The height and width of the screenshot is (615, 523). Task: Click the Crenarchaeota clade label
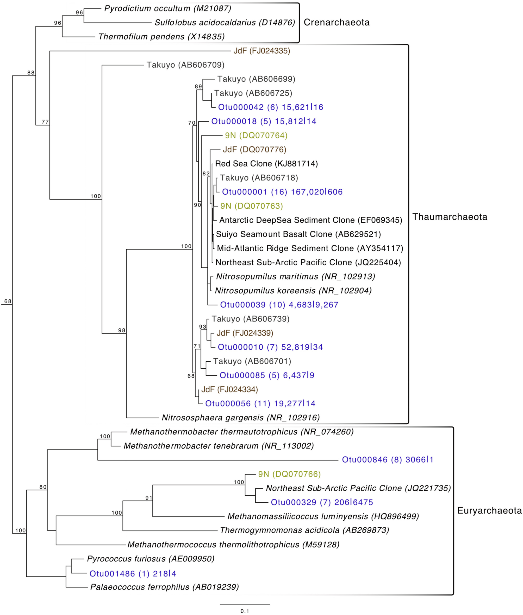pos(337,23)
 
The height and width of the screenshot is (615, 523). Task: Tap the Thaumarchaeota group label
pos(450,217)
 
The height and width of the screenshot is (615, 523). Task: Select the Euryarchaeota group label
pos(489,510)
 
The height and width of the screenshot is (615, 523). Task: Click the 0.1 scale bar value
pos(245,611)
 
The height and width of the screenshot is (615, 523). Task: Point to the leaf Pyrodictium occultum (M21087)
pos(167,9)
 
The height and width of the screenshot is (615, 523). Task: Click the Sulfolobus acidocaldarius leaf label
pos(225,23)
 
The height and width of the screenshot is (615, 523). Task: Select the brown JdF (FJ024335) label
pos(261,51)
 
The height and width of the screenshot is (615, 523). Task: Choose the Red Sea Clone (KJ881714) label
pos(266,164)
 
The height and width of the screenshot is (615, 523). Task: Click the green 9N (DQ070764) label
pos(256,136)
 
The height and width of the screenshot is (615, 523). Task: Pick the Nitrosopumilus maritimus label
pos(295,277)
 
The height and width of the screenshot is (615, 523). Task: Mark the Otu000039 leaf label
pos(279,305)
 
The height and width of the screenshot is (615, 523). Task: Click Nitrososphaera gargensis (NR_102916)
pos(240,418)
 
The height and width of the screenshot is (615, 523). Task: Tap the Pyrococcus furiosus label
pos(151,559)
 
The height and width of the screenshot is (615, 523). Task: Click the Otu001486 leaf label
pos(133,574)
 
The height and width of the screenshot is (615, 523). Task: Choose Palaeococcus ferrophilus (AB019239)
pos(164,587)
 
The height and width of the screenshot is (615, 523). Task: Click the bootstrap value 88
pos(31,73)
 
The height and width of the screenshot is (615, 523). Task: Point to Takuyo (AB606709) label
pos(185,65)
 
